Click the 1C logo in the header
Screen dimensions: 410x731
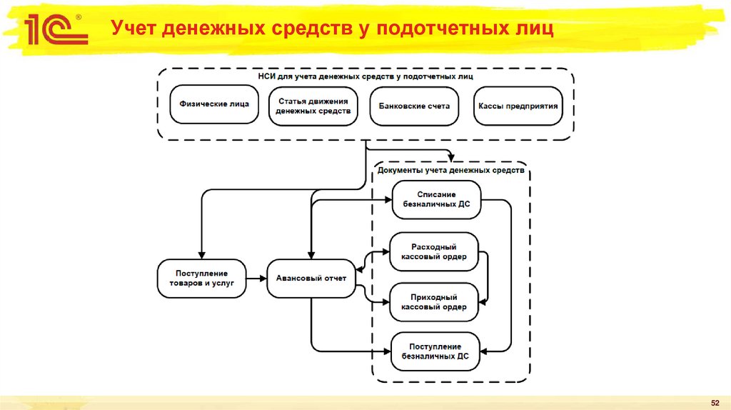[x=56, y=29]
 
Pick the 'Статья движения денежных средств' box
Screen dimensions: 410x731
[x=313, y=106]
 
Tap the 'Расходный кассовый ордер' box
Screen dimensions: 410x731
[x=434, y=251]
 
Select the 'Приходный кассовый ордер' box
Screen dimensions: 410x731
[x=434, y=301]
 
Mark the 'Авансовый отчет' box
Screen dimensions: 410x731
[x=311, y=278]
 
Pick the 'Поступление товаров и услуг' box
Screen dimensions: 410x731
[x=201, y=278]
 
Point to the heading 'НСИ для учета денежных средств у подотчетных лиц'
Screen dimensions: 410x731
[x=365, y=76]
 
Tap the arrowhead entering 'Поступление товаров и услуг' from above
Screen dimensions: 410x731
[x=201, y=256]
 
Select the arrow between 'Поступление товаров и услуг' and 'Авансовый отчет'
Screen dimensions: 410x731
[x=256, y=278]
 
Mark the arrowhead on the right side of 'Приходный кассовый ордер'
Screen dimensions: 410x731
[x=483, y=301]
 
